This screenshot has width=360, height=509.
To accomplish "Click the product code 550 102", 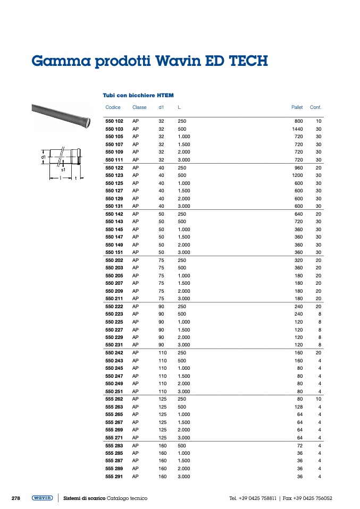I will click(114, 121).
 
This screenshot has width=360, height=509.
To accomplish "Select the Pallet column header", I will click(297, 107).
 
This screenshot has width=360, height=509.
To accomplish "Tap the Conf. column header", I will click(316, 107).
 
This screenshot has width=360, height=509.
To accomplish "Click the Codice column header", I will click(113, 107).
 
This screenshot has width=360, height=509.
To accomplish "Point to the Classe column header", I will click(139, 107).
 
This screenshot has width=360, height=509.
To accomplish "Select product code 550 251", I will click(114, 391).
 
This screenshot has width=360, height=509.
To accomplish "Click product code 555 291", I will click(114, 477).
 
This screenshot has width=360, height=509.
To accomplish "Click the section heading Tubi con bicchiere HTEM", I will click(138, 96).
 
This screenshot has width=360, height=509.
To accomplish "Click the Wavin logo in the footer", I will click(42, 498).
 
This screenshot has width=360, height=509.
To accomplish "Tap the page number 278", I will click(16, 498).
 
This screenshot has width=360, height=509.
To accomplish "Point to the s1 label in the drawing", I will click(63, 169).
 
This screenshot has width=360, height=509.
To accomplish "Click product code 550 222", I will click(114, 307).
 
